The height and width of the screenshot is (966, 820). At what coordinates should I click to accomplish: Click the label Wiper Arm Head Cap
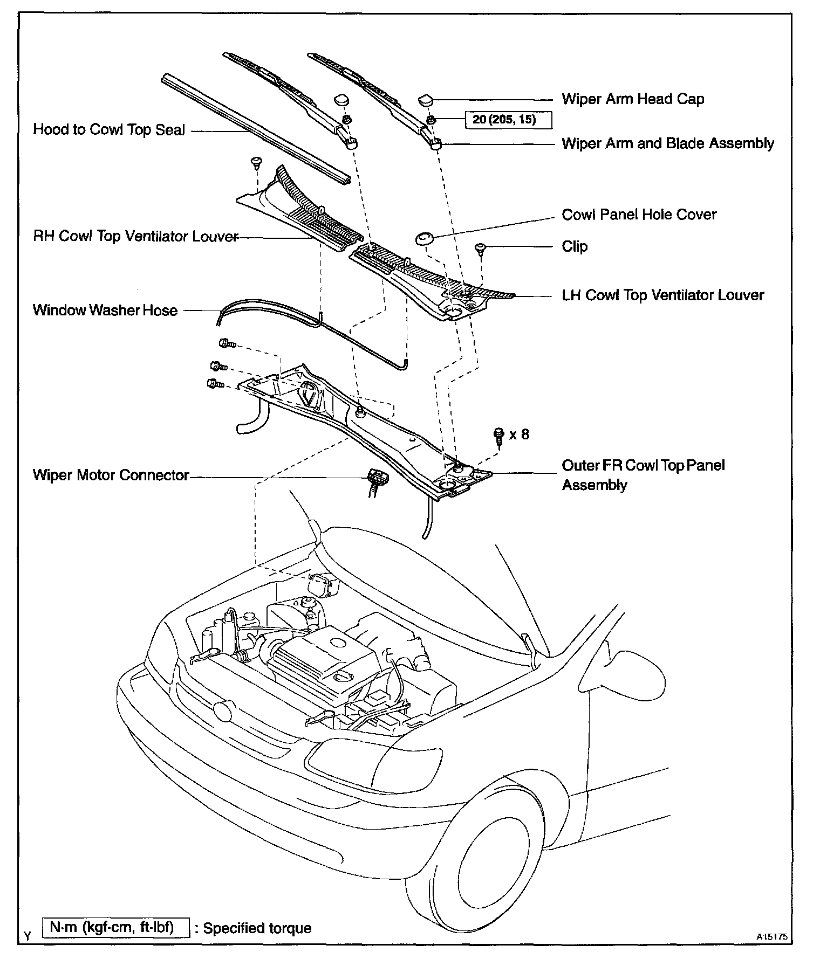tap(633, 99)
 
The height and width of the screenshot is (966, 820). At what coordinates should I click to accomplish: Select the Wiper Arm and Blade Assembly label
tap(668, 143)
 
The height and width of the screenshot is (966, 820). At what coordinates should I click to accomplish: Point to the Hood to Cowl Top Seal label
tap(109, 130)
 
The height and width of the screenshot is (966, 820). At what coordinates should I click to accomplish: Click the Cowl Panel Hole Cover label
tap(639, 215)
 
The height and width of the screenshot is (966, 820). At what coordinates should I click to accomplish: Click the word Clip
tap(575, 246)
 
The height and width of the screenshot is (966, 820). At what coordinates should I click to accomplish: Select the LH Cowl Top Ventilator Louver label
tap(663, 295)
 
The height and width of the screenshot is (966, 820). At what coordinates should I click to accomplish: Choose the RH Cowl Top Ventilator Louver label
tap(135, 237)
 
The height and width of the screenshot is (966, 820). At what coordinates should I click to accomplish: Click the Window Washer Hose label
tap(105, 310)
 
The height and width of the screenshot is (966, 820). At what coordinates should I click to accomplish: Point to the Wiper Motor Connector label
tap(111, 475)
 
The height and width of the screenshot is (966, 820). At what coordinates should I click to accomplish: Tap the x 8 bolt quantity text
tap(519, 434)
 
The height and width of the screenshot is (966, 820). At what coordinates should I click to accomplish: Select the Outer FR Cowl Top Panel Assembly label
tap(643, 475)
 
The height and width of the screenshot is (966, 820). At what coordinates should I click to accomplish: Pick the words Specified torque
tap(257, 929)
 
